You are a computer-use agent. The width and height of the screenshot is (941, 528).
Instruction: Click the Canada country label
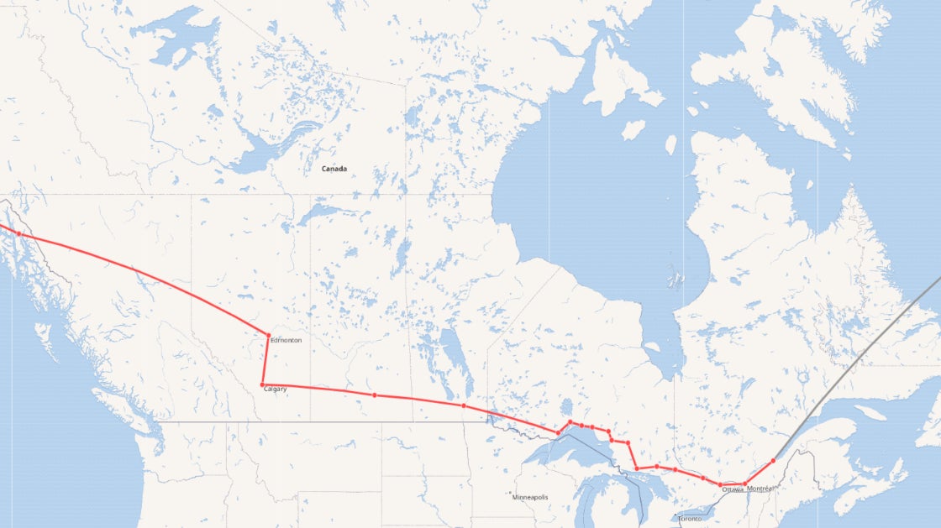click(x=334, y=169)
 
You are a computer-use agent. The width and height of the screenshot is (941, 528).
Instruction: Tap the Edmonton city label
click(x=286, y=340)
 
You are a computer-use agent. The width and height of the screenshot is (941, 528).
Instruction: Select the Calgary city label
click(x=276, y=389)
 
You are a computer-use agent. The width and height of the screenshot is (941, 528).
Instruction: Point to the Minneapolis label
click(x=530, y=497)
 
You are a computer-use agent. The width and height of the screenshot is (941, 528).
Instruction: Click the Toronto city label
click(x=689, y=520)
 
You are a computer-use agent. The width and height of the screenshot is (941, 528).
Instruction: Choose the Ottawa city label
click(x=732, y=489)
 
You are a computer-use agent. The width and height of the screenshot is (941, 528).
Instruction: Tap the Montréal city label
click(x=760, y=489)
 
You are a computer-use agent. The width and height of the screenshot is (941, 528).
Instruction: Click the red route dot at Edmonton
click(x=268, y=335)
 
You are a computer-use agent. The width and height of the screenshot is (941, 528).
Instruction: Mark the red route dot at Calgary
click(x=263, y=384)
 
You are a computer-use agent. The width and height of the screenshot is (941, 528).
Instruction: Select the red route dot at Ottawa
click(x=720, y=484)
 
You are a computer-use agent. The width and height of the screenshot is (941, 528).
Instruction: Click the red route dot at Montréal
click(x=745, y=484)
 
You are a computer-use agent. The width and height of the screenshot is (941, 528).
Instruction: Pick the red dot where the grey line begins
click(x=773, y=461)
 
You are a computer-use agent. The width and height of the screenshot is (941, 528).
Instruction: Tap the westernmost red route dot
click(x=18, y=233)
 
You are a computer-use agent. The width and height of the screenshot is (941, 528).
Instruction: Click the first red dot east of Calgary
click(x=375, y=395)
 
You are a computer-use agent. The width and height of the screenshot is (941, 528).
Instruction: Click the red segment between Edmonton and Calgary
click(x=265, y=361)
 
